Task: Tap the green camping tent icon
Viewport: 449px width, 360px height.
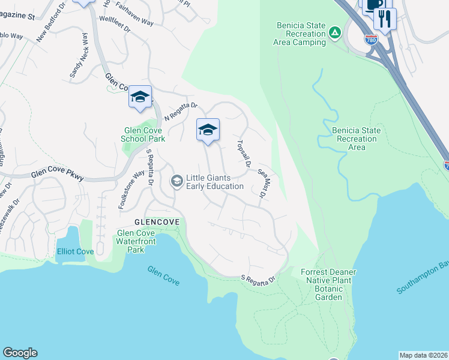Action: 336,31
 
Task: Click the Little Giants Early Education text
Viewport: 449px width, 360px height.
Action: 215,182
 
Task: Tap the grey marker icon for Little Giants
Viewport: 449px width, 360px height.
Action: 176,181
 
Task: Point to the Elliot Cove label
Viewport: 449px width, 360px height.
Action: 76,251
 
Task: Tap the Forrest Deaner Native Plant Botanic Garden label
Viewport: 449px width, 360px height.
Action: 328,284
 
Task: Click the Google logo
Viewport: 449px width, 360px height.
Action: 20,353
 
